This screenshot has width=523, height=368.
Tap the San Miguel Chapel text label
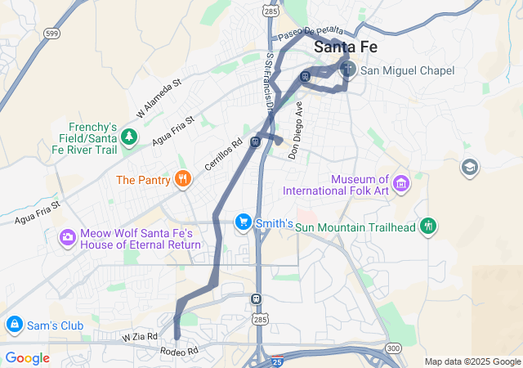[x=407, y=71]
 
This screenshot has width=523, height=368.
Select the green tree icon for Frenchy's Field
[x=128, y=137]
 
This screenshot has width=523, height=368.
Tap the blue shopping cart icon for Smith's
[x=243, y=222]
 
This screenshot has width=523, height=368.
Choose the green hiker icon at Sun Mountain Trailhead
[x=428, y=226]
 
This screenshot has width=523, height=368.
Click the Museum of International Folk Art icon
[x=400, y=184]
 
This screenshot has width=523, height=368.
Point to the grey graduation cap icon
[x=470, y=168]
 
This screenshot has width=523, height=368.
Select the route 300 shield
[x=393, y=348]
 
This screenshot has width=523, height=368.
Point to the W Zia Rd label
[x=139, y=335]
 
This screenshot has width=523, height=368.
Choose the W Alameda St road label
[x=159, y=97]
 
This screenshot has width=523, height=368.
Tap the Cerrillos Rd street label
[x=224, y=154]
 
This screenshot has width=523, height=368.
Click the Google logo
[x=27, y=357]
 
